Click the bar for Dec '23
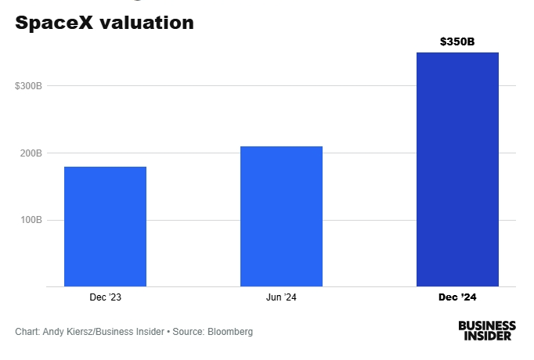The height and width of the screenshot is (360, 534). click(x=105, y=226)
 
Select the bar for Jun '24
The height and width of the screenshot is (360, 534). click(x=281, y=216)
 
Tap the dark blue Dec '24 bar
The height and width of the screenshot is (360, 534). click(x=457, y=169)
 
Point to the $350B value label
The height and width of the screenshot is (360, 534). click(x=457, y=41)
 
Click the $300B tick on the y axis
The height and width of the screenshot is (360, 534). click(x=28, y=86)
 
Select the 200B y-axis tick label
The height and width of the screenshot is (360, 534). click(x=31, y=153)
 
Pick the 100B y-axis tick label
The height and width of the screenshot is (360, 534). click(x=31, y=221)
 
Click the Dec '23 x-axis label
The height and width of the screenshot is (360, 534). click(x=105, y=297)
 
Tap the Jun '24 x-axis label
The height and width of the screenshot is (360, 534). click(x=281, y=297)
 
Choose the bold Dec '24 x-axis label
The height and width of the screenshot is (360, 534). click(x=457, y=297)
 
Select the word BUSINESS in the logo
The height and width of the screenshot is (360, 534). click(x=487, y=325)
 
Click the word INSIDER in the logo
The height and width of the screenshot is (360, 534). click(x=487, y=336)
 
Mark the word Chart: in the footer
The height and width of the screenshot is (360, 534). click(x=27, y=332)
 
